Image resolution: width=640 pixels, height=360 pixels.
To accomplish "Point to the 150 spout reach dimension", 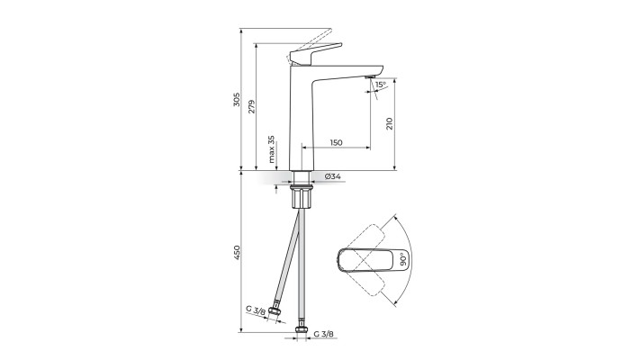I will point(336,142).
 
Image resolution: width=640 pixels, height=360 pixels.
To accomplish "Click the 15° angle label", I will point(381,85).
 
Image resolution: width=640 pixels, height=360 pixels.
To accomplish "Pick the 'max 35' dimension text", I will point(272,151).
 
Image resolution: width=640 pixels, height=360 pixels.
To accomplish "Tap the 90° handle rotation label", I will point(404,258).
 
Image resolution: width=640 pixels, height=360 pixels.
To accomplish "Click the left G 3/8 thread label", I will point(256,309).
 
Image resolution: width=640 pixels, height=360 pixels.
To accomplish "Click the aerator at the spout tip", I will point(369,78).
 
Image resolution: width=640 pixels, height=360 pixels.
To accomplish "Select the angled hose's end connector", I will point(276,316).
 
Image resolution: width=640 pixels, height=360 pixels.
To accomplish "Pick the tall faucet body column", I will point(300,117).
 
